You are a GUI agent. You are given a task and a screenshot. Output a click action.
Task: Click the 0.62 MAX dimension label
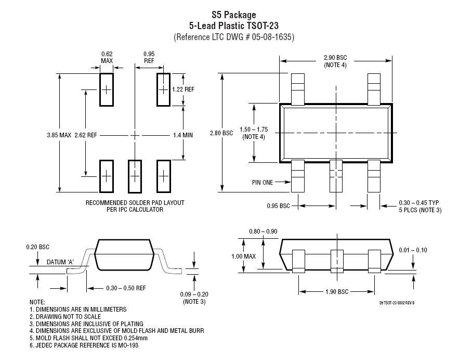tap(107, 57)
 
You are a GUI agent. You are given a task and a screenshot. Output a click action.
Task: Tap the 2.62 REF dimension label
tap(86, 135)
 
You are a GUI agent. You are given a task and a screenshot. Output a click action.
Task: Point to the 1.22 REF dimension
tap(182, 89)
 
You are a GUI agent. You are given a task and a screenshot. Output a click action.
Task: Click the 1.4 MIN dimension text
tap(182, 135)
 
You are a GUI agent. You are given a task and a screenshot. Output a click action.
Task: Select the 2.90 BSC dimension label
tap(335, 57)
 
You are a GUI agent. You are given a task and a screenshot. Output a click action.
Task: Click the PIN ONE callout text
tap(264, 182)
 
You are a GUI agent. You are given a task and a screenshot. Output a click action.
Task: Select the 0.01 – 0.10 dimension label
tap(413, 250)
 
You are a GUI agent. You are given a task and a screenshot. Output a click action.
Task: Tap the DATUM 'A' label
tap(60, 262)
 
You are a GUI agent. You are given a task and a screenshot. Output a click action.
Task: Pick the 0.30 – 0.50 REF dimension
tap(126, 288)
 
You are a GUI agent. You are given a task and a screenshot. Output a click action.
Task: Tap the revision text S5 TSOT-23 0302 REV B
tap(397, 302)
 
